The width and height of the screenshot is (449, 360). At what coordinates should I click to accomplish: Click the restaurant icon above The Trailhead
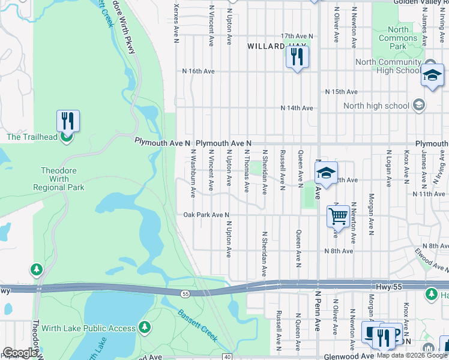(68, 121)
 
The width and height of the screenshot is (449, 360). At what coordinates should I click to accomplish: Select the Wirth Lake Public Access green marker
(144, 327)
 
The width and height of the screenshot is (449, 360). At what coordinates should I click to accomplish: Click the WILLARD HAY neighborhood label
(277, 46)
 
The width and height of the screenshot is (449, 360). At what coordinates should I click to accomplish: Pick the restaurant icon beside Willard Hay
(297, 58)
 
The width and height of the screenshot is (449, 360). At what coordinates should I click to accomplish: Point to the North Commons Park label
(398, 38)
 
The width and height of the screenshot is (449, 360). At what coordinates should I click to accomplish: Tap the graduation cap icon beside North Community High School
(432, 76)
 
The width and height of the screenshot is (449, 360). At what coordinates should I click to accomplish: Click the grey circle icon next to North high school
(419, 106)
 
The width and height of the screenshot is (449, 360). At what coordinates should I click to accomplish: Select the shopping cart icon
(339, 215)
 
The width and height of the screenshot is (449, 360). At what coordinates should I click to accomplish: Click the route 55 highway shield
(186, 293)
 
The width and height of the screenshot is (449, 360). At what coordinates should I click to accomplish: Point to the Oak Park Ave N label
(206, 215)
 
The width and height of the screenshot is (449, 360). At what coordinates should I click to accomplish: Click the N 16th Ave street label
(199, 71)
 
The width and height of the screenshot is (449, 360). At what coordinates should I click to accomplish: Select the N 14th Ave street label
(297, 108)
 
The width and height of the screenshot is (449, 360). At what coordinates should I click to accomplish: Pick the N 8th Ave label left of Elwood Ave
(339, 251)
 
